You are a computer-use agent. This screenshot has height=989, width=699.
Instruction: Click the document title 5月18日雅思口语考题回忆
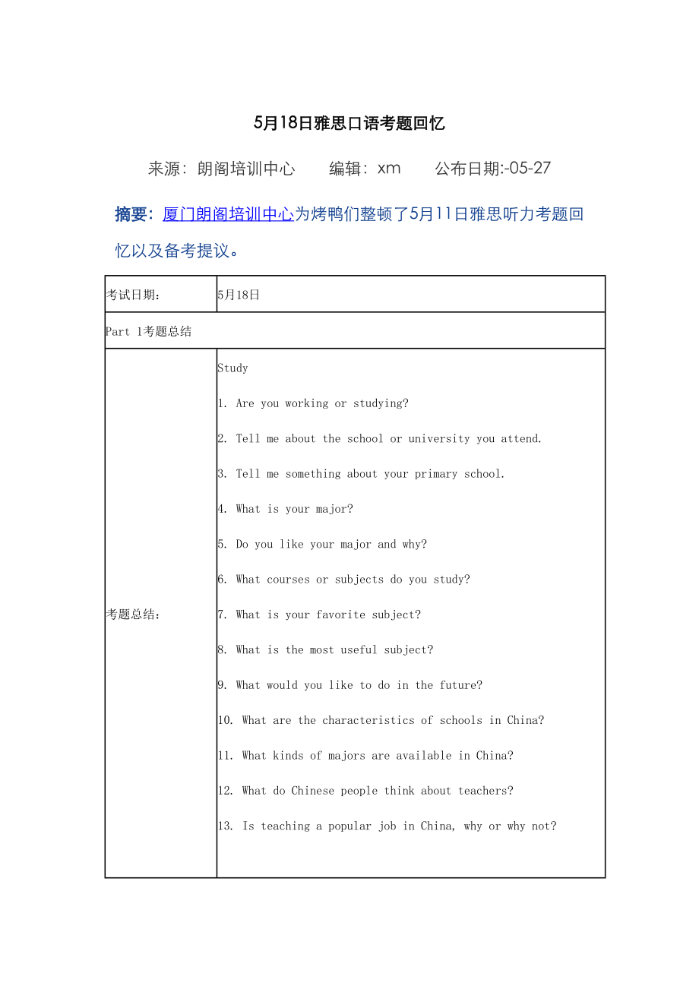tap(349, 124)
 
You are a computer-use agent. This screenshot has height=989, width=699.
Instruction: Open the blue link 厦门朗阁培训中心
tap(228, 214)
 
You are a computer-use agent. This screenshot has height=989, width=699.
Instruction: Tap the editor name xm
tap(389, 169)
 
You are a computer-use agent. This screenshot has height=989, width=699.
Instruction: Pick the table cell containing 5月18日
tap(239, 295)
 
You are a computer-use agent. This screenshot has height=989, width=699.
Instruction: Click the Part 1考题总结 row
tap(148, 331)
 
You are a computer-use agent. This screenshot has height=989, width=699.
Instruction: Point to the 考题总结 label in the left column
tap(133, 615)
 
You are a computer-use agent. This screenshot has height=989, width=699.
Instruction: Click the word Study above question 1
tap(232, 368)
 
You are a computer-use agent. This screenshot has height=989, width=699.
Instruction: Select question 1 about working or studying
tap(313, 403)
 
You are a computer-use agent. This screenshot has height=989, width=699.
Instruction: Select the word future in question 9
tap(460, 685)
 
